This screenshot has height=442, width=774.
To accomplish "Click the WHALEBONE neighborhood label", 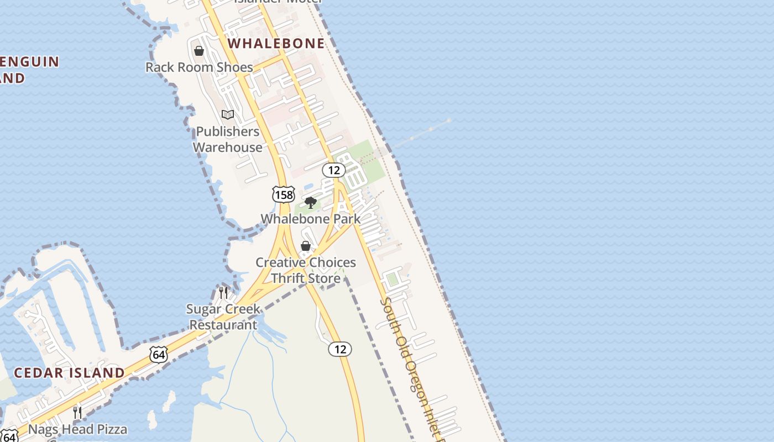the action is pyautogui.click(x=276, y=43).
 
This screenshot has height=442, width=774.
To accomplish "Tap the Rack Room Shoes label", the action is pyautogui.click(x=199, y=67).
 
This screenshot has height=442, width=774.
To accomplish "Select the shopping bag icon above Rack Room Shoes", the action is pyautogui.click(x=199, y=51).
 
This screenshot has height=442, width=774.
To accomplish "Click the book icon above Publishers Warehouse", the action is pyautogui.click(x=228, y=115).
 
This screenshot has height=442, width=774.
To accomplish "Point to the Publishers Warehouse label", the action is pyautogui.click(x=227, y=139).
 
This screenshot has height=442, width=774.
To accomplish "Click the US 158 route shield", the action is pyautogui.click(x=283, y=194).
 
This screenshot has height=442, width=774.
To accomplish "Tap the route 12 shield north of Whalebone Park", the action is pyautogui.click(x=334, y=170).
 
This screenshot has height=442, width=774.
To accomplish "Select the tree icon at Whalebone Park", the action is pyautogui.click(x=311, y=203).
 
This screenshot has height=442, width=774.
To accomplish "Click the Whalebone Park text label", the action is pyautogui.click(x=310, y=219).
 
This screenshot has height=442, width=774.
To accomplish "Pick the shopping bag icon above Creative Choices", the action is pyautogui.click(x=305, y=246).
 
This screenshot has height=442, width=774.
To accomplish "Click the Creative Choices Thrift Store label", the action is pyautogui.click(x=305, y=270).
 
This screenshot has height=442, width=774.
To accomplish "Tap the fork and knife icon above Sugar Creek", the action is pyautogui.click(x=223, y=292).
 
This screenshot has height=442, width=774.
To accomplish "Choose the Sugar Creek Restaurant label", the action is pyautogui.click(x=223, y=317).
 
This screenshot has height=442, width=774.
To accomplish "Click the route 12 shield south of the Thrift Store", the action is pyautogui.click(x=340, y=349).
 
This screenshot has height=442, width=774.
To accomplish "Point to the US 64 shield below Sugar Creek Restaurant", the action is pyautogui.click(x=159, y=354).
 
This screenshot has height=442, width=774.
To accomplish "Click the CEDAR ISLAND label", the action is pyautogui.click(x=69, y=373).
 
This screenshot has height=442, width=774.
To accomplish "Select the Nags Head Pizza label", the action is pyautogui.click(x=77, y=429).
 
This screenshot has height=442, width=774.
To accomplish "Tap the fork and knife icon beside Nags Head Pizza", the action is pyautogui.click(x=77, y=412).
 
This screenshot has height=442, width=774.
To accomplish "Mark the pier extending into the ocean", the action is pyautogui.click(x=423, y=133).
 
